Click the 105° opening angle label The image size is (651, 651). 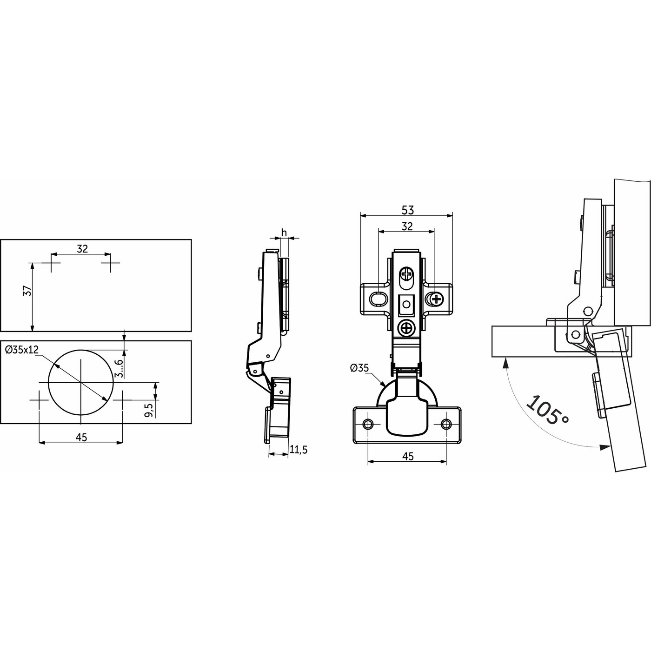(548, 409)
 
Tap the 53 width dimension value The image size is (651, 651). (408, 210)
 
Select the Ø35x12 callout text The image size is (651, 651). (21, 350)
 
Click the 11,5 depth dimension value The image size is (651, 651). (299, 450)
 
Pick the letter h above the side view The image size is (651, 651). (284, 232)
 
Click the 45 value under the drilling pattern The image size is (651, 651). (81, 437)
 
